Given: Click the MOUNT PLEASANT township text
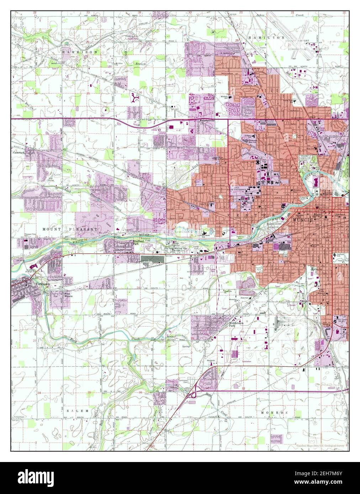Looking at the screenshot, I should click(70, 230).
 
